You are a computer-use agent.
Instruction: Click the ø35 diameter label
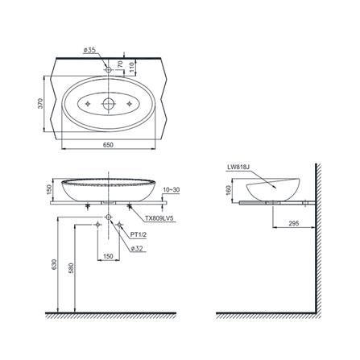pos(89,50)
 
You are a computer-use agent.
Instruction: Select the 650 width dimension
pos(108,145)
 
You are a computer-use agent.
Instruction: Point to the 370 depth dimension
pos(40,103)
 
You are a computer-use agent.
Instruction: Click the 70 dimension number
pos(120,64)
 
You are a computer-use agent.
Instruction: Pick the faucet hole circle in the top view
pos(109,70)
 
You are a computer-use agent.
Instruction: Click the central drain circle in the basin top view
pos(109,103)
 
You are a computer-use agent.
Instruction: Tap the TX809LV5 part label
pos(159,219)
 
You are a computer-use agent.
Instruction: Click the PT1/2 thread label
pos(139,235)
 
